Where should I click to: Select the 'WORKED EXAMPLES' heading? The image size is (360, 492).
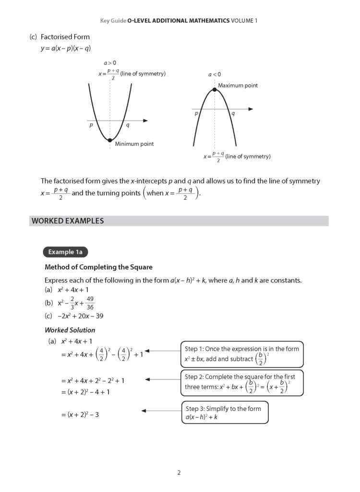(x=68, y=221)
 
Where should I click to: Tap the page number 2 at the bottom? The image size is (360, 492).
(x=179, y=473)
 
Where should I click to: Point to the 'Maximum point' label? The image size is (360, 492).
(x=238, y=86)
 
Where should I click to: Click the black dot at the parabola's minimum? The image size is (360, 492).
(x=110, y=140)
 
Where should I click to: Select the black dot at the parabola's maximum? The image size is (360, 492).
(x=214, y=89)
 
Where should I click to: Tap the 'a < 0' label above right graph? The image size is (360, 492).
(x=214, y=74)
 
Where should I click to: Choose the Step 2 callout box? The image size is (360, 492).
(x=242, y=382)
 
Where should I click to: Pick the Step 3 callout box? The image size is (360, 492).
(x=225, y=413)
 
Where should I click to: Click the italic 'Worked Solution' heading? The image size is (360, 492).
(x=70, y=330)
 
